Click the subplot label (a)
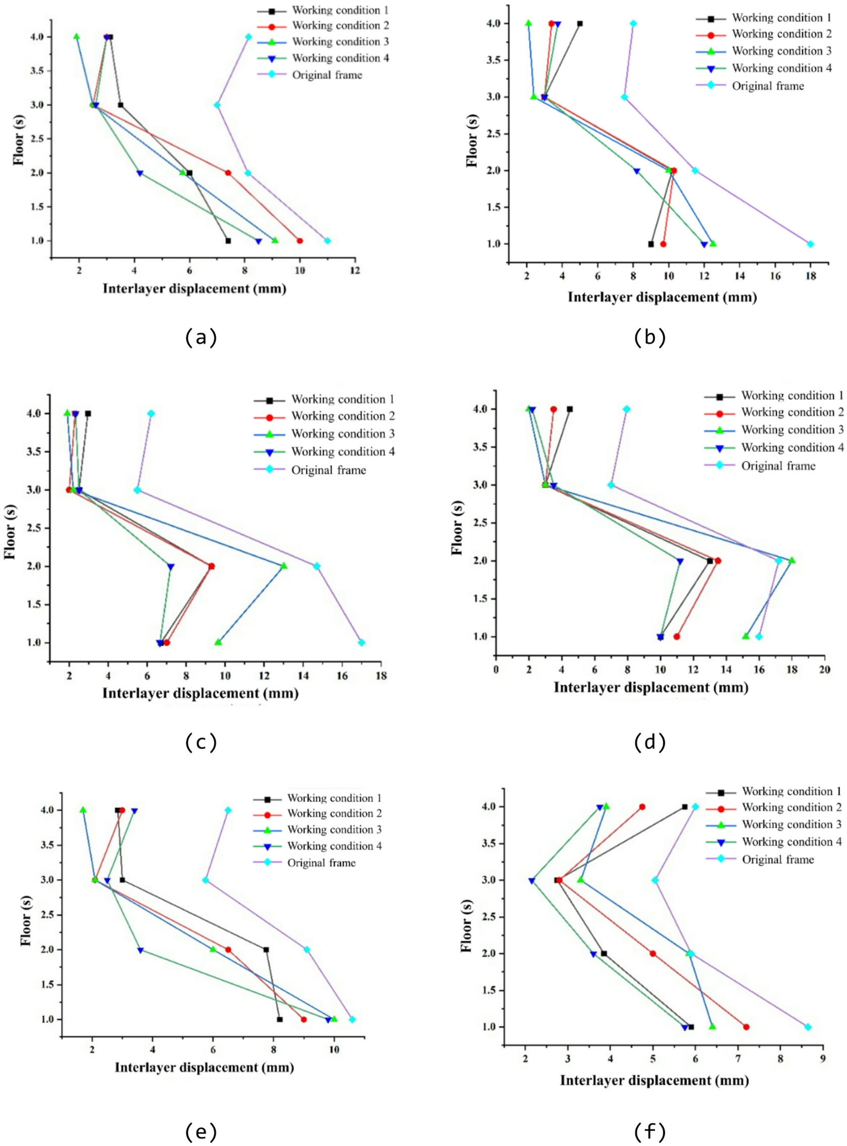click(x=201, y=337)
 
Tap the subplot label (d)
click(x=650, y=741)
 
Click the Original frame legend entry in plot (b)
click(x=768, y=86)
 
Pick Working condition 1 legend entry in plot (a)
click(x=340, y=10)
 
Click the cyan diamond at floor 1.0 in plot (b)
click(x=810, y=244)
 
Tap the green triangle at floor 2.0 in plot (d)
click(x=792, y=561)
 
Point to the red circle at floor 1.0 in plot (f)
click(x=746, y=1027)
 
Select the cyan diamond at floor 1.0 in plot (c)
click(x=362, y=642)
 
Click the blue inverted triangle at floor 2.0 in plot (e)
click(x=140, y=950)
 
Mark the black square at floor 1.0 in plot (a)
click(x=228, y=241)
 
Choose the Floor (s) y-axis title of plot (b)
click(x=472, y=134)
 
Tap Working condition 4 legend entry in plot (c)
click(x=342, y=452)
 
